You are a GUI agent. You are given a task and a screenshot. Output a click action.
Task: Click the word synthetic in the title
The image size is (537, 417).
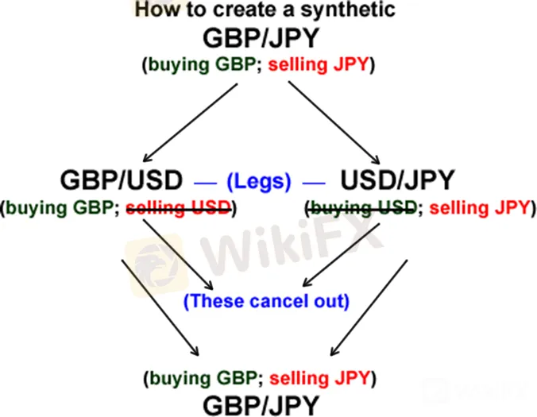click(348, 10)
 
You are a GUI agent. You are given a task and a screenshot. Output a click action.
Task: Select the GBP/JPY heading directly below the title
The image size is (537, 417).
click(261, 38)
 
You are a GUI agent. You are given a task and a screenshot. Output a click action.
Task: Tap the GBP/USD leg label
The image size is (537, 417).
click(122, 180)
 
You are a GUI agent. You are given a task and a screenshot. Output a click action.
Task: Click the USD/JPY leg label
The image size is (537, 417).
click(397, 180)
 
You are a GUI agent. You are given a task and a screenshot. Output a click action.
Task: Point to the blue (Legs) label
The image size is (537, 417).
click(259, 181)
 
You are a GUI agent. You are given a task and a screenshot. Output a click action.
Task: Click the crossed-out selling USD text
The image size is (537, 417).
click(179, 208)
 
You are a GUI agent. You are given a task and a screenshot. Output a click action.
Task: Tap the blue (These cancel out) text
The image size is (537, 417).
click(266, 301)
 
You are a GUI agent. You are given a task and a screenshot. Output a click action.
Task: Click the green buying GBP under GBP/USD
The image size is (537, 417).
click(60, 208)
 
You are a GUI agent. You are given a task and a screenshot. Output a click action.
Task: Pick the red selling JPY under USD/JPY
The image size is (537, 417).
click(480, 208)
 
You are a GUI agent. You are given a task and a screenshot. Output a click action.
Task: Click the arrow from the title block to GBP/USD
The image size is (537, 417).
click(190, 123)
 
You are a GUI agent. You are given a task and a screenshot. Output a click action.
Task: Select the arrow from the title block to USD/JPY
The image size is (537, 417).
click(334, 122)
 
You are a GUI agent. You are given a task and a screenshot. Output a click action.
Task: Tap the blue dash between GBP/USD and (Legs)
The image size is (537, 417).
click(205, 183)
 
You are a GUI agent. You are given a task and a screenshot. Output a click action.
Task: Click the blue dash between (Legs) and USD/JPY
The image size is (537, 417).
click(314, 183)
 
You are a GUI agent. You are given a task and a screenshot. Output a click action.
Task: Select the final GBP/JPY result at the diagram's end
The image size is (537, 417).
click(261, 405)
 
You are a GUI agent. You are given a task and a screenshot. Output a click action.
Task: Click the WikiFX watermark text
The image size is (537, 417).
click(291, 245)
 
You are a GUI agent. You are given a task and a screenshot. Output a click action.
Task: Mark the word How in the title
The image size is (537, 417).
click(156, 10)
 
